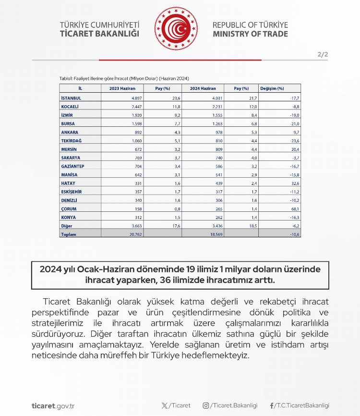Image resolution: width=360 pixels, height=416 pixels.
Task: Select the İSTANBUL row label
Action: pos(71,98)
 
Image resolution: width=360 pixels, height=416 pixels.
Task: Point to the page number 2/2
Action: pos(323,55)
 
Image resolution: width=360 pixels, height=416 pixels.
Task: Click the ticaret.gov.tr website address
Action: pos(52,405)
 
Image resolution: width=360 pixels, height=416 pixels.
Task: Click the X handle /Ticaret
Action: pos(176,405)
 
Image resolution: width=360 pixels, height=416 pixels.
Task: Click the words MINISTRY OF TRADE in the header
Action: pos(250,34)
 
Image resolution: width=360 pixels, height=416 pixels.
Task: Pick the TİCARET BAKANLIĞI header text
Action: pos(99,34)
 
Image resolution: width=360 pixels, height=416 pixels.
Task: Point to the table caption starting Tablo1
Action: pos(124,78)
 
